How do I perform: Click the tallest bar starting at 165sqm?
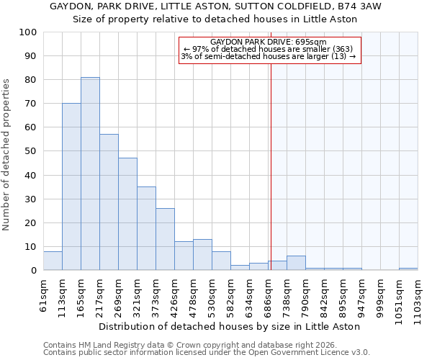[x=90, y=174]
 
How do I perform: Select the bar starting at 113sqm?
[x=71, y=186]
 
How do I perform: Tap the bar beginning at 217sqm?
[x=109, y=202]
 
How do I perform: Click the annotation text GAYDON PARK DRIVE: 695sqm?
[x=269, y=42]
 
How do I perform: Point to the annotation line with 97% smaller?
[x=269, y=49]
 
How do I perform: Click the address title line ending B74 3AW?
[x=215, y=6]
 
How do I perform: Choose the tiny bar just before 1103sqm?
[x=408, y=269]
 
